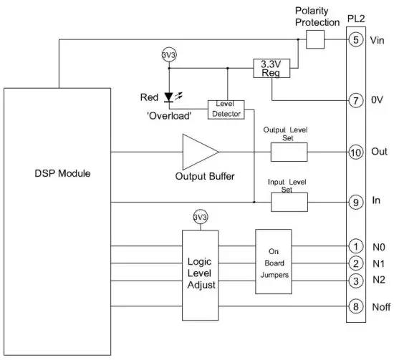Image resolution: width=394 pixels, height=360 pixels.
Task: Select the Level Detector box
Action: [x=226, y=110]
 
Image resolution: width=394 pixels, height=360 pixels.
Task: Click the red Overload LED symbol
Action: [x=169, y=96]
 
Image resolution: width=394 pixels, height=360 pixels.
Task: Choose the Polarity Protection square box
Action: [x=315, y=40]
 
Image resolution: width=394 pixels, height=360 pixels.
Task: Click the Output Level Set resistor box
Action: [x=288, y=152]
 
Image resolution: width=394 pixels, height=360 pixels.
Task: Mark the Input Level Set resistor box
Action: [x=288, y=202]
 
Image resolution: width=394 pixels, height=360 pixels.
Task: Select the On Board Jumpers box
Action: [x=273, y=261]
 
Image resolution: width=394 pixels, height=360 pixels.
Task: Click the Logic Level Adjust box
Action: [x=201, y=266]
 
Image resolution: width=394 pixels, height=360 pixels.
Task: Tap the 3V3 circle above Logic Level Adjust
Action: [x=201, y=218]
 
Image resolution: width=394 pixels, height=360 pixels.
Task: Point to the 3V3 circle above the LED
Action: [x=169, y=53]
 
